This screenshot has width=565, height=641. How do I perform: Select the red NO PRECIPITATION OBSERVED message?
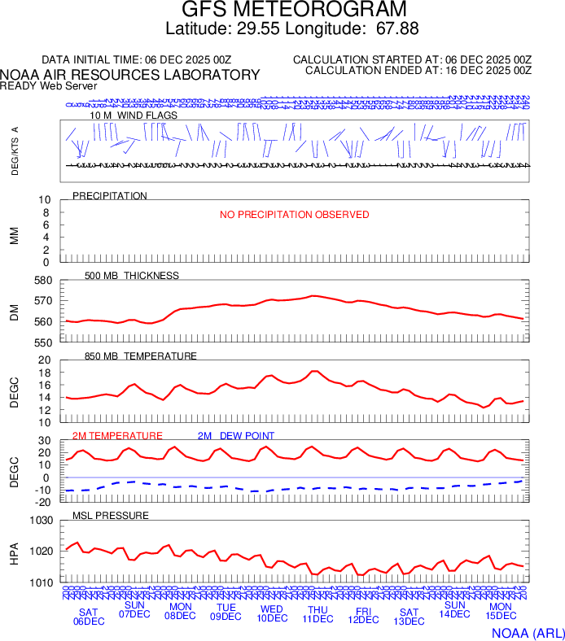point(294,215)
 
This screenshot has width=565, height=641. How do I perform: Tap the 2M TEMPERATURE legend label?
point(117,436)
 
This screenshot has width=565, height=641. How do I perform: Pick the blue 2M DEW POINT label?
point(236,436)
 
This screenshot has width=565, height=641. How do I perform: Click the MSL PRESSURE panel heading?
point(111,516)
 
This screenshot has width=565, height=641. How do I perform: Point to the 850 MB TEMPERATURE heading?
point(141,356)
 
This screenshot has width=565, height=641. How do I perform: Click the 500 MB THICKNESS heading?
point(132,276)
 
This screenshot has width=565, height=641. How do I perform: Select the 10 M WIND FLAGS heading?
point(134,116)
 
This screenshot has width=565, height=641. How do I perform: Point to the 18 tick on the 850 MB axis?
point(46,373)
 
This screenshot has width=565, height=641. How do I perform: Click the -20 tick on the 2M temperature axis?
point(42,502)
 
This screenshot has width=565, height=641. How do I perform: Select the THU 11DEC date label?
point(318,614)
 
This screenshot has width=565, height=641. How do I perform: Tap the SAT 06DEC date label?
point(89,617)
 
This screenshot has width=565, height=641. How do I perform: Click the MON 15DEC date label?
point(500,612)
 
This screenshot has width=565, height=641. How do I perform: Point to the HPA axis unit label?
point(14,553)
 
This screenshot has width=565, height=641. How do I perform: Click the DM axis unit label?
point(14,312)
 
